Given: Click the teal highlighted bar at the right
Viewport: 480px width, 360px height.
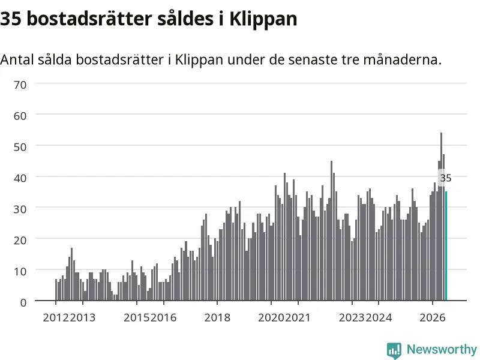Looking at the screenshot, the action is (446, 246).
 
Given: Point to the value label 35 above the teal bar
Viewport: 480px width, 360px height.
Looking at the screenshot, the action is (445, 178).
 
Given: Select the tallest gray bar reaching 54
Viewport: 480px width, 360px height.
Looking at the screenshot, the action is (441, 217).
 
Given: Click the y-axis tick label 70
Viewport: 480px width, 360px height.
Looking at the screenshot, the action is (20, 85).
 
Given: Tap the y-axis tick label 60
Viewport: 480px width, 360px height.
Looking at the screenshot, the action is (20, 116).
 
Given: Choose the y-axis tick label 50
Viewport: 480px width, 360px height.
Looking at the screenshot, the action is (20, 147).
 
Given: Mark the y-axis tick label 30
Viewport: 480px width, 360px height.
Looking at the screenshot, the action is (20, 209).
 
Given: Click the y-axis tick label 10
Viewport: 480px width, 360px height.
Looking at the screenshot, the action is (20, 271).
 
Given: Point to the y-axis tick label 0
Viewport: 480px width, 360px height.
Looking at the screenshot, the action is (23, 302).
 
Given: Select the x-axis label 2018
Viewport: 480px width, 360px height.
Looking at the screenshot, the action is (217, 318).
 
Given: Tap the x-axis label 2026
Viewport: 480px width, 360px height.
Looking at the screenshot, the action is (432, 318).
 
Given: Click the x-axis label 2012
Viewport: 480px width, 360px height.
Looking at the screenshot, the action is (56, 318).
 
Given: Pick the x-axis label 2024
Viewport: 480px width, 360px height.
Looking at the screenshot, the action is (379, 318).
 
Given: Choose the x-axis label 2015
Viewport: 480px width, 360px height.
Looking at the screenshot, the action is (137, 318).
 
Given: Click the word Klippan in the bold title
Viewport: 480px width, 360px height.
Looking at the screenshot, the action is (263, 19).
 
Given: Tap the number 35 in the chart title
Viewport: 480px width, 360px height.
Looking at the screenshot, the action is (11, 19).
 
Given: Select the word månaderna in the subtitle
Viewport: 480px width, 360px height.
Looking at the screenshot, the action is (402, 59).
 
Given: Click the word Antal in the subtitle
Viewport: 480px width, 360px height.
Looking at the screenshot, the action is (17, 59).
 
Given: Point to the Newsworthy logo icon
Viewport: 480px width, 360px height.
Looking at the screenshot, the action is (394, 350).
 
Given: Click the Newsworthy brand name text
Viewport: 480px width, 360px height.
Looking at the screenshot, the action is (442, 349).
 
